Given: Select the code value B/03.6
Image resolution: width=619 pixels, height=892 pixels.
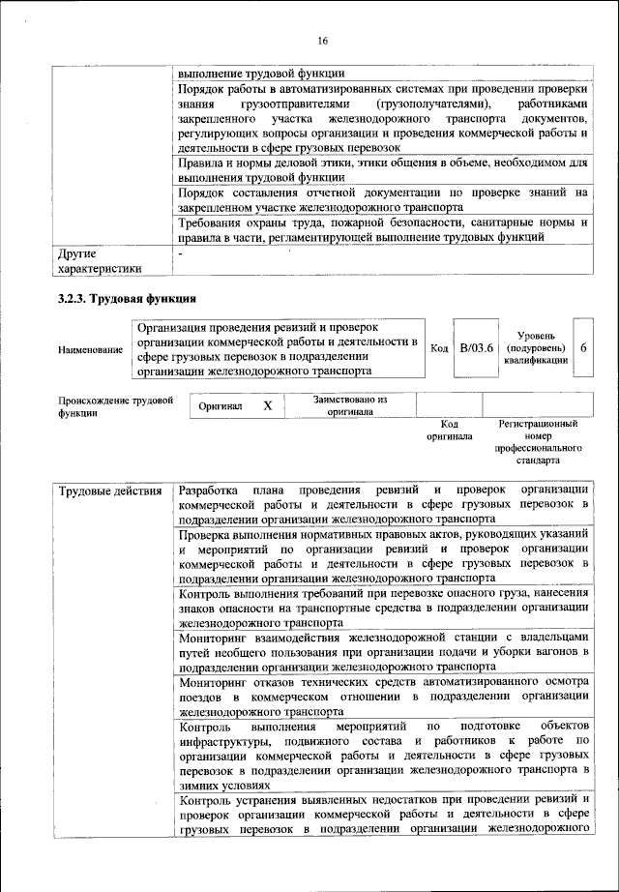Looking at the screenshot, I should click(x=476, y=347).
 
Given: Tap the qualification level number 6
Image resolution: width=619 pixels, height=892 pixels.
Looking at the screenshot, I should click(x=584, y=347).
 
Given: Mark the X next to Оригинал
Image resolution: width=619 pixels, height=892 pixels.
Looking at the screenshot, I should click(x=268, y=406).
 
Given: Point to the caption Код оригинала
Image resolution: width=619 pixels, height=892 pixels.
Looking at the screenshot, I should click(x=449, y=430).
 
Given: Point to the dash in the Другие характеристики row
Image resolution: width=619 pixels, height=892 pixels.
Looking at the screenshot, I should click(x=181, y=253).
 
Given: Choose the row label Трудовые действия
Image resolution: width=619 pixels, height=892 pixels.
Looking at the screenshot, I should click(x=110, y=491).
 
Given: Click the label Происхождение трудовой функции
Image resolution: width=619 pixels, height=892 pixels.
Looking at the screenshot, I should click(x=115, y=405).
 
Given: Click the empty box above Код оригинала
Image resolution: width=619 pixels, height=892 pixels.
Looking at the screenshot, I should click(x=449, y=404).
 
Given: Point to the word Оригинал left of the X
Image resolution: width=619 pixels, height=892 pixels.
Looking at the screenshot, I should click(x=221, y=407).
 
